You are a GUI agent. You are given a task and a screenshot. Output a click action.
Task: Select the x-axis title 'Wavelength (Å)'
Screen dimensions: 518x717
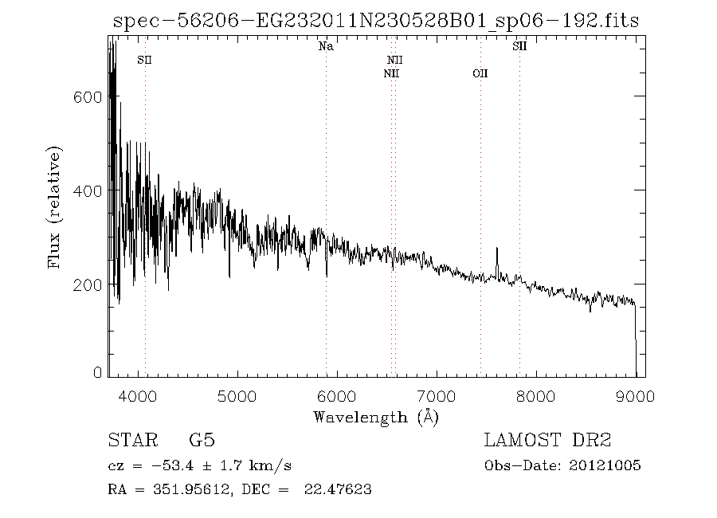point(375,416)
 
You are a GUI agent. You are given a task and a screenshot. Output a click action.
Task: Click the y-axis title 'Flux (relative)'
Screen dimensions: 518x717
point(55,207)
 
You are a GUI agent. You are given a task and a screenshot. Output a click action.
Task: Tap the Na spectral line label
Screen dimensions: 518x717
point(326,47)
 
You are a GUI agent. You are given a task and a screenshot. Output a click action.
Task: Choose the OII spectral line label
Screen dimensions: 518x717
point(480,73)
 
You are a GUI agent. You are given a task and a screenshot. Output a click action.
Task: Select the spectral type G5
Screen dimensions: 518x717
point(202,441)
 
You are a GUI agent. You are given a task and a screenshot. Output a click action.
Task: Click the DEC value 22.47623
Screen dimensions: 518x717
point(338,490)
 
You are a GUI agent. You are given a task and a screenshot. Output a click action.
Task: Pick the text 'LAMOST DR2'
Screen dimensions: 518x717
point(547,441)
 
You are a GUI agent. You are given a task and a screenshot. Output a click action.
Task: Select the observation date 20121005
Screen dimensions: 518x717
point(605,466)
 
